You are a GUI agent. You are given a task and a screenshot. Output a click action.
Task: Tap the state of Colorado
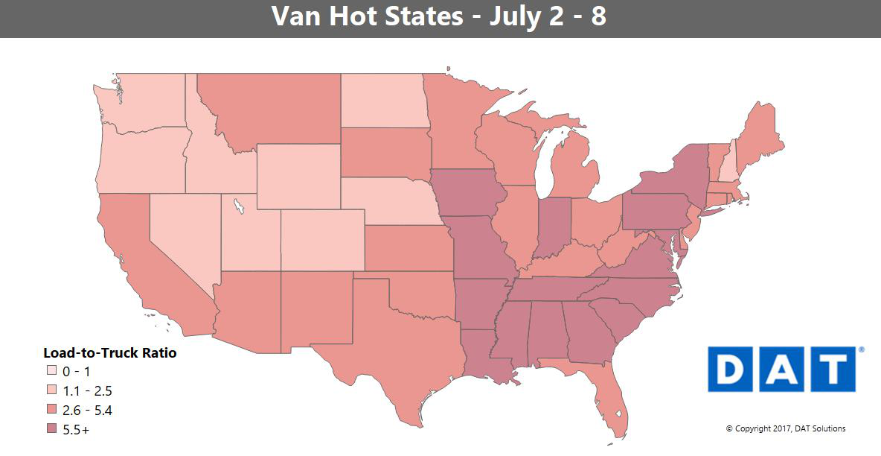pyautogui.click(x=322, y=239)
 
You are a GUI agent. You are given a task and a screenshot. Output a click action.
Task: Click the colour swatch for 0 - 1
pyautogui.click(x=51, y=371)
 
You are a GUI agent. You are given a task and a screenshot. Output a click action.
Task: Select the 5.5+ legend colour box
pyautogui.click(x=51, y=429)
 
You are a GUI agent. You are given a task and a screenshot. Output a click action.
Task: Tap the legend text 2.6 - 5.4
pyautogui.click(x=87, y=410)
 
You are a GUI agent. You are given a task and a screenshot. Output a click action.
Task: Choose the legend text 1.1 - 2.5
pyautogui.click(x=87, y=390)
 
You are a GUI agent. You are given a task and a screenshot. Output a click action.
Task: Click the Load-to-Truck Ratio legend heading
pyautogui.click(x=110, y=352)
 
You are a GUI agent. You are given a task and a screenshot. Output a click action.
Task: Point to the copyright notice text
pyautogui.click(x=785, y=428)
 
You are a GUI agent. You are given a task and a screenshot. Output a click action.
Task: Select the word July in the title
pyautogui.click(x=517, y=16)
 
